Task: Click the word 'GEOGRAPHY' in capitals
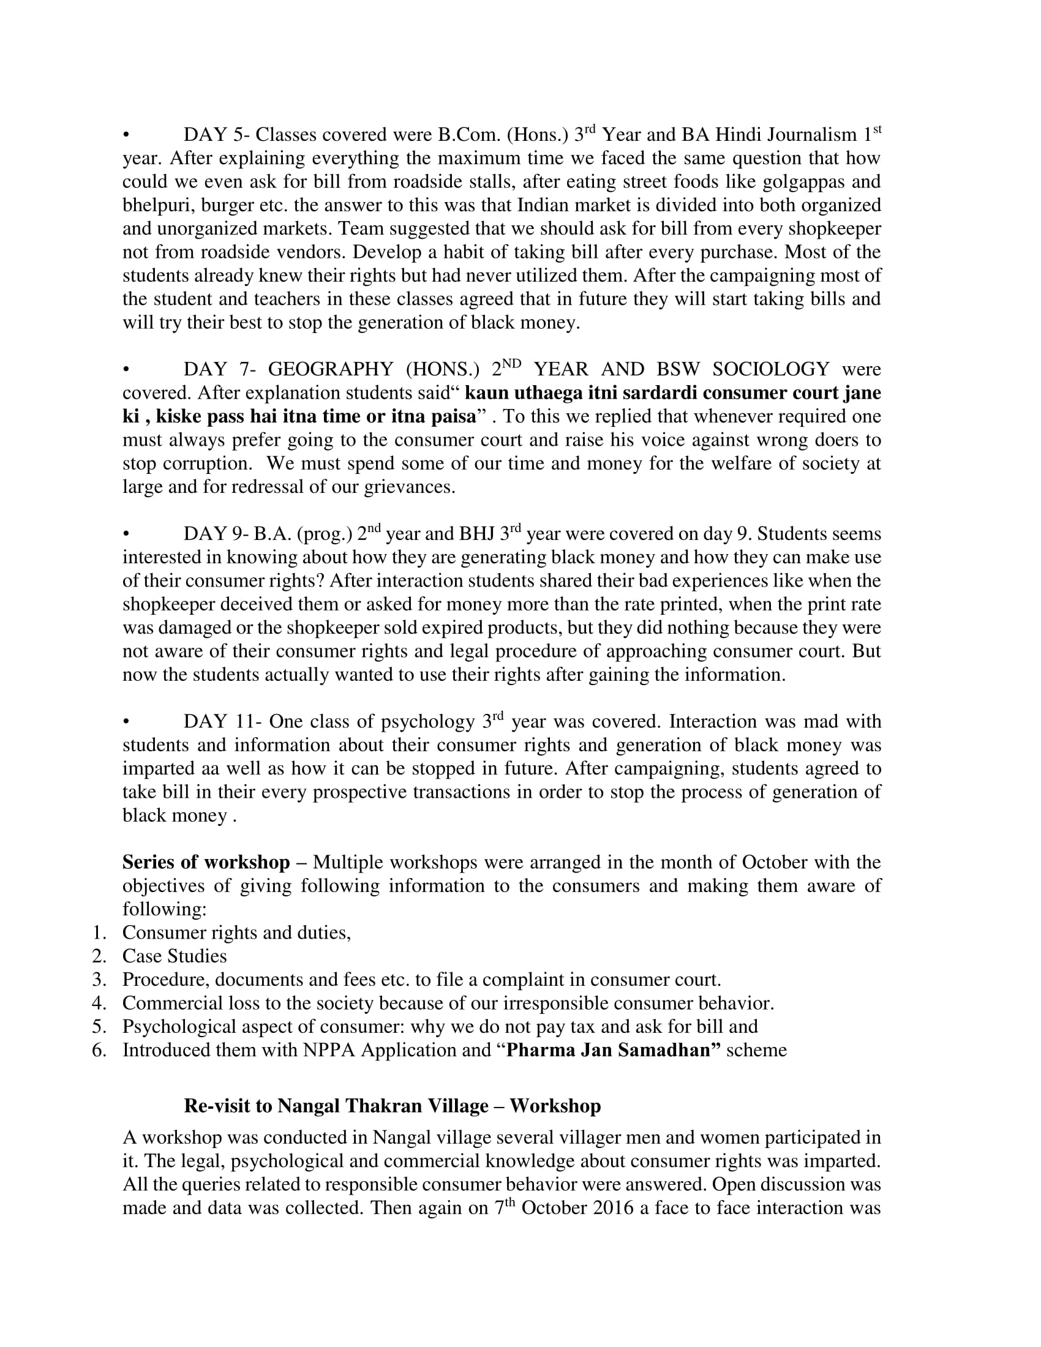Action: [x=331, y=369]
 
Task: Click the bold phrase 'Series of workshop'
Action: [x=206, y=863]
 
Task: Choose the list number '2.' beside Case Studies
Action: [x=99, y=956]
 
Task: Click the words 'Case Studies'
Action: [x=175, y=956]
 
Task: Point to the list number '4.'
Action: [x=99, y=1004]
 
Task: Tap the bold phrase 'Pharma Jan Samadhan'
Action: [x=613, y=1050]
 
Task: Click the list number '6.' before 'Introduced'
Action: [x=99, y=1050]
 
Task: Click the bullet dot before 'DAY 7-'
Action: [x=126, y=370]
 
